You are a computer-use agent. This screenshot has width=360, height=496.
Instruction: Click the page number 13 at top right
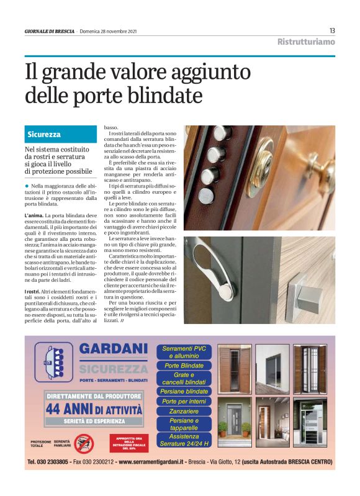(x=332, y=31)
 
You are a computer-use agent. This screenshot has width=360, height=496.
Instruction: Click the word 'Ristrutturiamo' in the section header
(x=306, y=42)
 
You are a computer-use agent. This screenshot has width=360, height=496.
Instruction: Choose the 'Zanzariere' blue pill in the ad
(x=184, y=412)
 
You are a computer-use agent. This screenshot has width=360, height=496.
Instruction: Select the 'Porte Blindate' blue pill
(x=184, y=366)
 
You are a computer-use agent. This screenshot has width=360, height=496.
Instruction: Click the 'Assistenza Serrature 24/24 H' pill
(x=184, y=440)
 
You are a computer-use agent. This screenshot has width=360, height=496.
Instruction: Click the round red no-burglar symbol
(x=83, y=444)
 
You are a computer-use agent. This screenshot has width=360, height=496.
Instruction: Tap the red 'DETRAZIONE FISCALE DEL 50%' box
(x=129, y=442)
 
